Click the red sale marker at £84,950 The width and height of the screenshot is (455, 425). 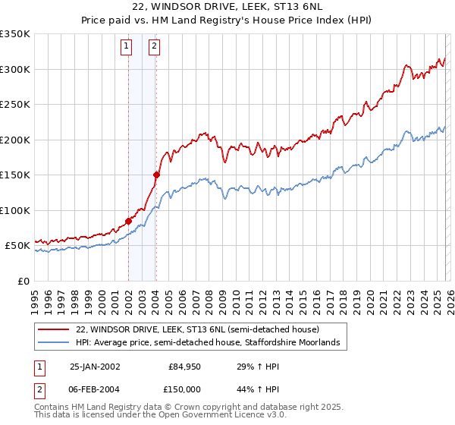[x=128, y=221]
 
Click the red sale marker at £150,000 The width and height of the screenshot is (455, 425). [x=155, y=175]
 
